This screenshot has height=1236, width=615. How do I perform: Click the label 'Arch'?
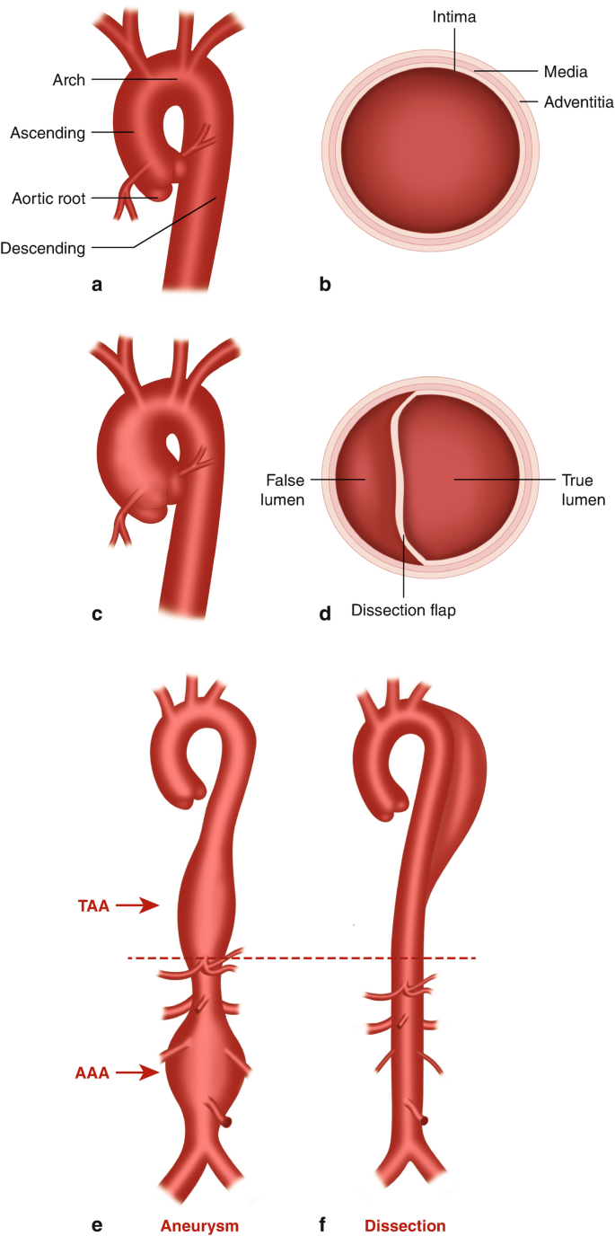click(x=68, y=80)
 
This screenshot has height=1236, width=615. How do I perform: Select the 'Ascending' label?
click(x=48, y=133)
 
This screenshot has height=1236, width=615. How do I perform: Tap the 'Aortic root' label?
click(x=49, y=199)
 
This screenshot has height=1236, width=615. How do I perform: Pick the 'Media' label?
click(x=566, y=71)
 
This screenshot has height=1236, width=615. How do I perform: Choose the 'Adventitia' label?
click(x=579, y=102)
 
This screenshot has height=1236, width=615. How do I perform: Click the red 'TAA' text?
click(x=92, y=906)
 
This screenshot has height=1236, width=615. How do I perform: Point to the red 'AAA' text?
click(x=92, y=1071)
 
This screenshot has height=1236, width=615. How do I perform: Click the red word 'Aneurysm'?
click(x=199, y=1225)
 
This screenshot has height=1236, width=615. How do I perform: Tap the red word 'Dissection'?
click(x=405, y=1225)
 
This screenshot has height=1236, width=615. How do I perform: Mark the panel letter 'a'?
click(x=97, y=286)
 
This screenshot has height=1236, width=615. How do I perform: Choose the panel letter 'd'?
click(x=325, y=614)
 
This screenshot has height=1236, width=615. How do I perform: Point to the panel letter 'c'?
click(x=97, y=614)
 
